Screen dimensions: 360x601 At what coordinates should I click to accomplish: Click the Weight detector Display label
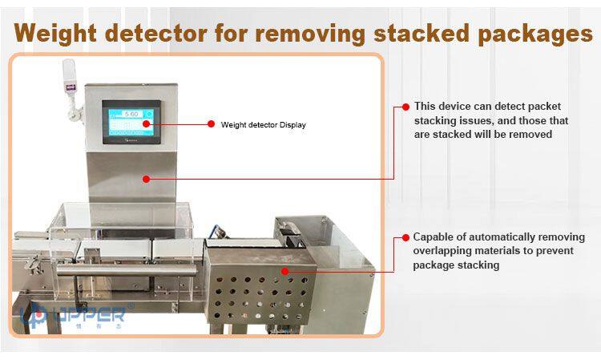point(263,124)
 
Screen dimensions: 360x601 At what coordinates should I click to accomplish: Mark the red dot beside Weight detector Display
point(211,124)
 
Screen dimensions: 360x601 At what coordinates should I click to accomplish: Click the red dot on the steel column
point(145,178)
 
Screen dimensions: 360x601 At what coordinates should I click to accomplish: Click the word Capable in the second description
point(434,237)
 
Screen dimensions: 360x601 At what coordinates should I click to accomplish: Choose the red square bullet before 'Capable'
point(406,237)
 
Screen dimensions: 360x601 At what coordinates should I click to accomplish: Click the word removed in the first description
point(530,134)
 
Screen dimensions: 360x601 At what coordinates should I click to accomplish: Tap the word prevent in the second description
point(547,251)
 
